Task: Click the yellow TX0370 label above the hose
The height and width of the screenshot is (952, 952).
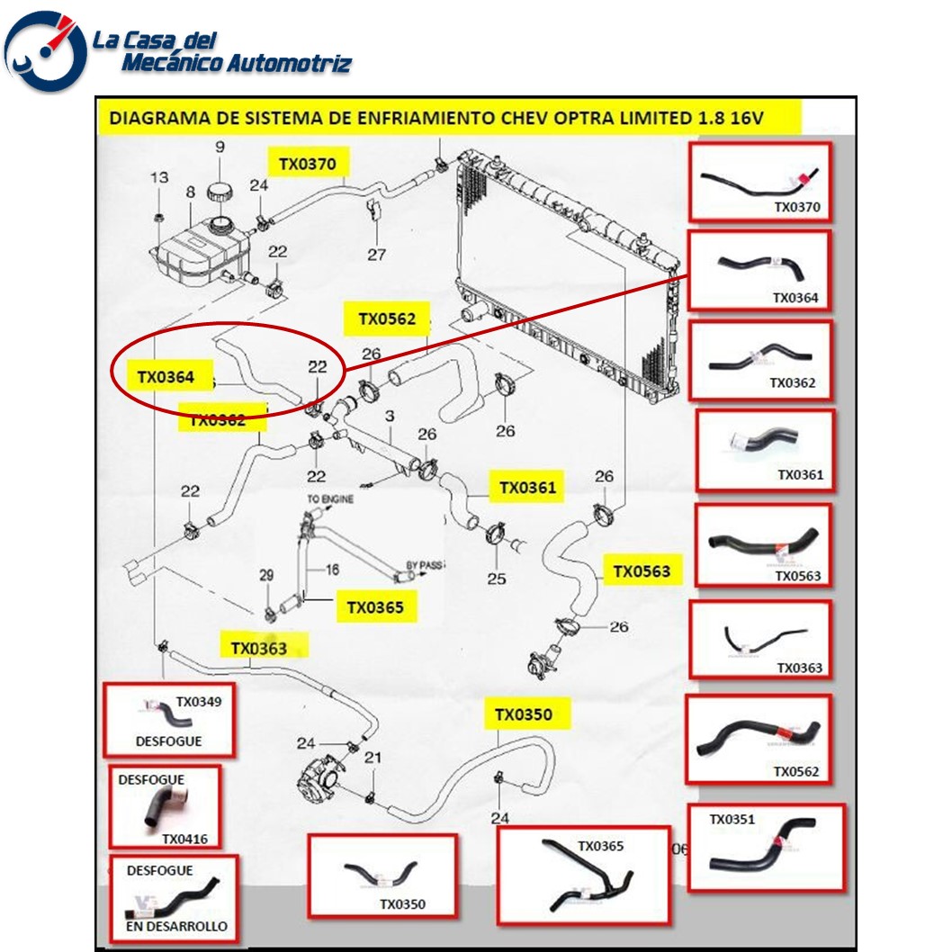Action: pyautogui.click(x=307, y=164)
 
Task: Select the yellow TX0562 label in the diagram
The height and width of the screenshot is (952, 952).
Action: pyautogui.click(x=387, y=319)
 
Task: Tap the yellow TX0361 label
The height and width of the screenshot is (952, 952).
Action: pyautogui.click(x=528, y=488)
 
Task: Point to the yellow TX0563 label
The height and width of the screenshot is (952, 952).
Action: pyautogui.click(x=642, y=570)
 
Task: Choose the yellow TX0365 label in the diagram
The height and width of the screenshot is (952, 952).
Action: pyautogui.click(x=375, y=607)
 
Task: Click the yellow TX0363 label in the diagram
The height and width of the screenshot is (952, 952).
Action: pyautogui.click(x=259, y=648)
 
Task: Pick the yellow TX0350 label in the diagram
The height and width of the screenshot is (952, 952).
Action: pyautogui.click(x=523, y=714)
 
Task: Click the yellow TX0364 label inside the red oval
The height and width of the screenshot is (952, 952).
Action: pyautogui.click(x=166, y=377)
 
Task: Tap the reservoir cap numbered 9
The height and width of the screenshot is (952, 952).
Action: pyautogui.click(x=220, y=192)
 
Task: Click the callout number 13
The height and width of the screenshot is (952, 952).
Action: pyautogui.click(x=158, y=178)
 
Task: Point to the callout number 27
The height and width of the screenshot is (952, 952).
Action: pyautogui.click(x=376, y=255)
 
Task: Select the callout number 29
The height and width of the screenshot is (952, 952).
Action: pyautogui.click(x=265, y=575)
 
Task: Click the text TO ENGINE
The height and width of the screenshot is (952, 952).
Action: pyautogui.click(x=330, y=498)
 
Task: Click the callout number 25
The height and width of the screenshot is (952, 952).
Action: pyautogui.click(x=497, y=579)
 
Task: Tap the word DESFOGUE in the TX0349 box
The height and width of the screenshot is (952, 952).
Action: pyautogui.click(x=168, y=741)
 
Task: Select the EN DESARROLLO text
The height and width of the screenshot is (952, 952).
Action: pyautogui.click(x=176, y=926)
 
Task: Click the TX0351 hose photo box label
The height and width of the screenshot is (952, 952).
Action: pyautogui.click(x=732, y=819)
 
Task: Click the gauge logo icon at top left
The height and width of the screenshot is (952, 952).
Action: pyautogui.click(x=46, y=51)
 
